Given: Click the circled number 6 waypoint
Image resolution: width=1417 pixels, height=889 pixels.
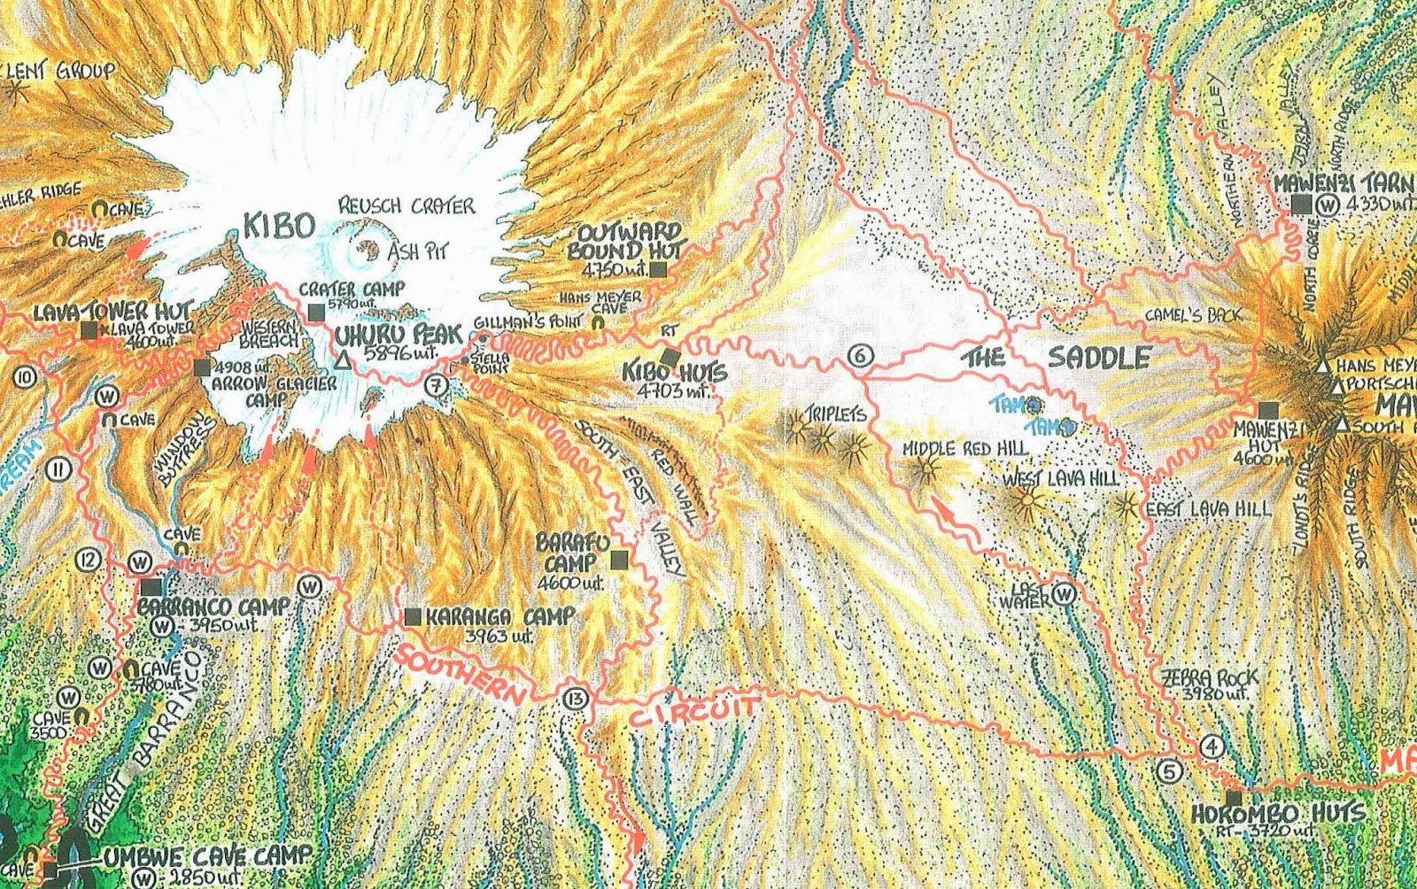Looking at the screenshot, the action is pos(859,357).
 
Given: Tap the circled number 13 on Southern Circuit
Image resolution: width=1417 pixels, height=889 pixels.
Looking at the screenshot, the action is pos(574,699).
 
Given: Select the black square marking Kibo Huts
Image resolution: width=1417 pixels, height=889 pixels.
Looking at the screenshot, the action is pos(672,357).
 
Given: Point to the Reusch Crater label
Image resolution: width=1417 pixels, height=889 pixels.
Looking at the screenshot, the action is pos(407,206).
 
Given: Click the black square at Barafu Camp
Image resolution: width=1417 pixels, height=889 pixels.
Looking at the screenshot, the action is pos(619,559).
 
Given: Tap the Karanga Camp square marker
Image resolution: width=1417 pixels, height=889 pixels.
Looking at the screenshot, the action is pos(412,617).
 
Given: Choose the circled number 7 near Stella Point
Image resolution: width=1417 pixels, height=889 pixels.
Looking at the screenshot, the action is pos(434,385).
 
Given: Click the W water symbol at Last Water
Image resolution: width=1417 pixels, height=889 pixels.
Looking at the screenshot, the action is pos(1065,595).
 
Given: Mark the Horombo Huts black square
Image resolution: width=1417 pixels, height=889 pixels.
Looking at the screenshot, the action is pos(1234,798).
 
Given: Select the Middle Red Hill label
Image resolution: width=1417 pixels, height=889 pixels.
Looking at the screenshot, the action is pos(965,449).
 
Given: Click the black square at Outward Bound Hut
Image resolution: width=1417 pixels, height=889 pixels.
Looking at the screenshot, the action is pos(657,270).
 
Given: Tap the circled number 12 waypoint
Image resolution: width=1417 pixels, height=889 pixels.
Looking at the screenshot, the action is pos(87,560).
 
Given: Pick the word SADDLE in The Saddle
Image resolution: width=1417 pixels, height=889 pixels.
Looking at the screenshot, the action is pos(1099,358).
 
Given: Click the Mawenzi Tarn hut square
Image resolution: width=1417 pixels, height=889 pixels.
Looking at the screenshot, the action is pos(1300,205).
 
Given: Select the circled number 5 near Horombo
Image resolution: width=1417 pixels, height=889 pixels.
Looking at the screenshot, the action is pos(1170,771).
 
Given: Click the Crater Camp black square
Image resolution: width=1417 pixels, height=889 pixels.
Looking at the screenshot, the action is pos(316,312).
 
